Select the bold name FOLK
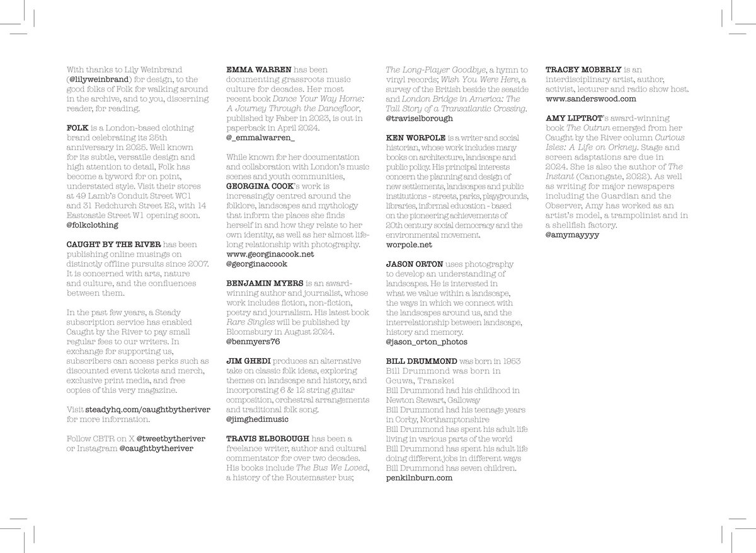point(77,127)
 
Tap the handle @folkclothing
point(92,224)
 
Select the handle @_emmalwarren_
point(256,137)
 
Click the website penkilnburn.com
point(419,478)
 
